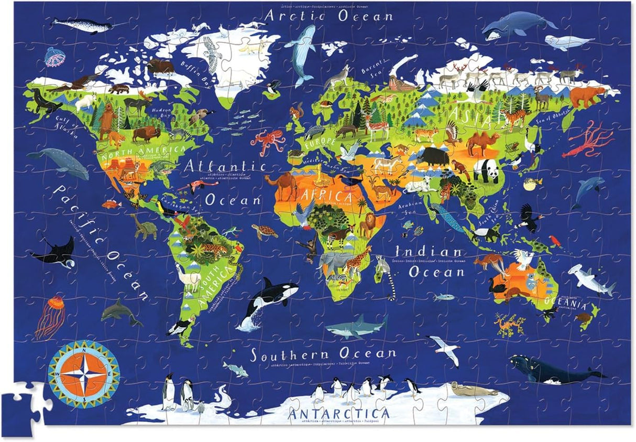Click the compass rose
[x=84, y=373]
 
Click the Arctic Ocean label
[x=328, y=16]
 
